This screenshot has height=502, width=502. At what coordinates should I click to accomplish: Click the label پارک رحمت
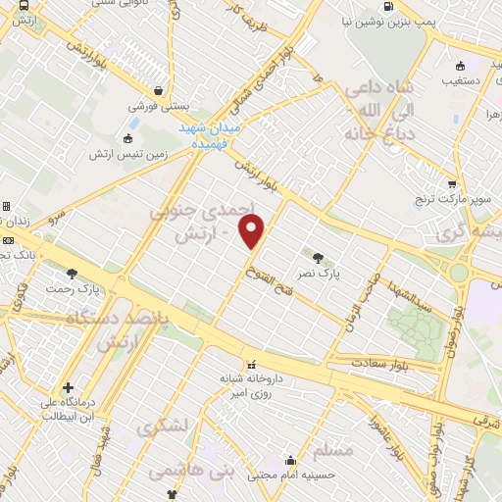click(x=75, y=289)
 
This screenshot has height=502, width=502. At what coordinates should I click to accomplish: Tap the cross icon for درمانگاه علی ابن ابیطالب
click(x=68, y=387)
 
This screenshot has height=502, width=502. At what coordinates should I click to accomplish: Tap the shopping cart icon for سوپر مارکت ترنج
click(x=451, y=182)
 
